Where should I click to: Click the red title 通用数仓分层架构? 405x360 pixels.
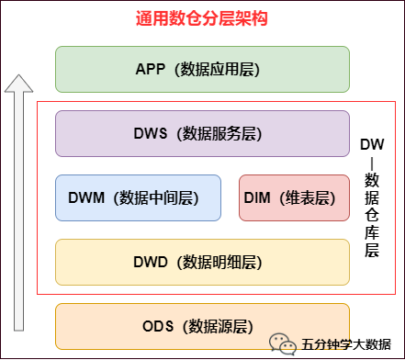pos(202,18)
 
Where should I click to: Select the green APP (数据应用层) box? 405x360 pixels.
pos(202,69)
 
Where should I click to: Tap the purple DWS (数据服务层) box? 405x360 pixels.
pos(202,133)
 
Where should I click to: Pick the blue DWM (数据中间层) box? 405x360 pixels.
pos(138,197)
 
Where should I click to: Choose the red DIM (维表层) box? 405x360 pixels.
pos(287,197)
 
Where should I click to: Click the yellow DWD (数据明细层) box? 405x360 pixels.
pos(202,262)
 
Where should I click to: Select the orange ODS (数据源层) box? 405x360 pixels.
pos(202,325)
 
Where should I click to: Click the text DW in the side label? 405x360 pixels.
pos(372,144)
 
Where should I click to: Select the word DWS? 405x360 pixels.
pos(150,133)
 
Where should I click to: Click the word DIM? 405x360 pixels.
pos(260,197)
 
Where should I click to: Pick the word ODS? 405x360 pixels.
pos(158,325)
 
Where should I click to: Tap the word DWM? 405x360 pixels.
pos(89,197)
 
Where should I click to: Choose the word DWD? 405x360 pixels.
pos(150,262)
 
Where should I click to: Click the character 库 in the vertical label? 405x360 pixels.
pos(372,231)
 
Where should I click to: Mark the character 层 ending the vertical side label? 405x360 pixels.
pos(372,250)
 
